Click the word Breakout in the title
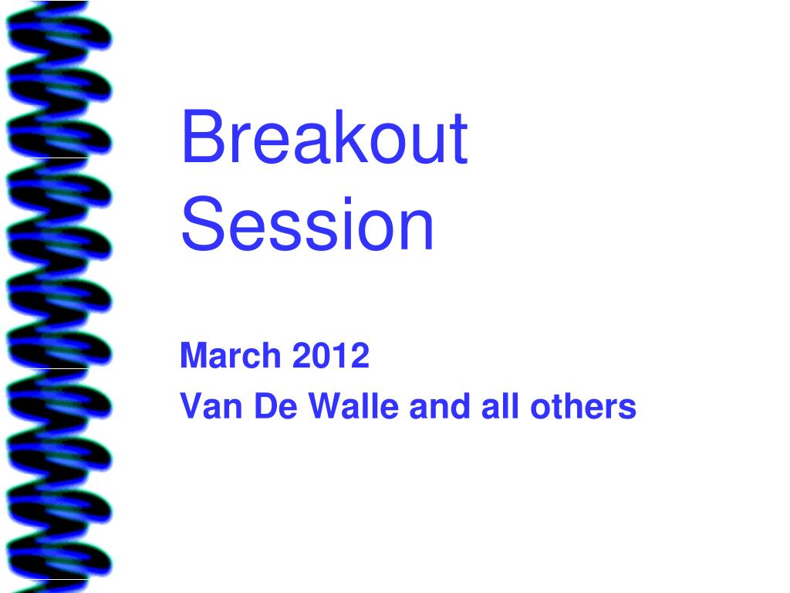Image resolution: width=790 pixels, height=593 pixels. pyautogui.click(x=325, y=136)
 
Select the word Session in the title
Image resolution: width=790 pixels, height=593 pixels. pyautogui.click(x=307, y=223)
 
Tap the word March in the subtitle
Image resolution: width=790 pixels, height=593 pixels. pyautogui.click(x=230, y=355)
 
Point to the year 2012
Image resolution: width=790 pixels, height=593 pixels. pyautogui.click(x=330, y=355)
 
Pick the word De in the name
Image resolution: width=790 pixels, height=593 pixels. pyautogui.click(x=275, y=406)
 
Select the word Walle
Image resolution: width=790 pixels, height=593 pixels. pyautogui.click(x=353, y=406)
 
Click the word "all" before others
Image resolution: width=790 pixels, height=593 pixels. pyautogui.click(x=500, y=406)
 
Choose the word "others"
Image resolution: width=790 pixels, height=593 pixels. pyautogui.click(x=583, y=406)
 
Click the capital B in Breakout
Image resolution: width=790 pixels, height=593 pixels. pyautogui.click(x=203, y=136)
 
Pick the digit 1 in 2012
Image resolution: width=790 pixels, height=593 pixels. pyautogui.click(x=339, y=355)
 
